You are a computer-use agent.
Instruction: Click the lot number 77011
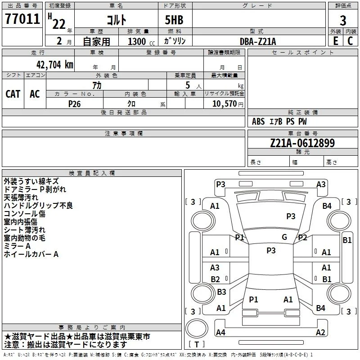click(x=22, y=18)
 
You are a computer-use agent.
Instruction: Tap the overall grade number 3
click(x=343, y=21)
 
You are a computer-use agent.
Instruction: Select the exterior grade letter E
click(x=335, y=41)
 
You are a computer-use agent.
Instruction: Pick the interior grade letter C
click(x=350, y=41)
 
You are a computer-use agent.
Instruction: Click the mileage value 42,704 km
click(x=55, y=65)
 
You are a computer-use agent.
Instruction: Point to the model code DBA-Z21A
click(x=258, y=41)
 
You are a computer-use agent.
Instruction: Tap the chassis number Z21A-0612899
click(x=302, y=143)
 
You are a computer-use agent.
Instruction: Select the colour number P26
click(x=74, y=104)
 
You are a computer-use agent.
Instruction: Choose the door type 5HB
click(x=174, y=20)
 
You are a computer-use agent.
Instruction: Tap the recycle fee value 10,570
click(x=225, y=103)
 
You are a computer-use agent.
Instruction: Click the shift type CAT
click(x=13, y=94)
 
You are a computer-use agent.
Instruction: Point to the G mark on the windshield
click(x=284, y=237)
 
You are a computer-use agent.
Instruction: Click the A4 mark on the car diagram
click(x=220, y=332)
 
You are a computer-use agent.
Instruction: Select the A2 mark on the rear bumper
click(x=320, y=332)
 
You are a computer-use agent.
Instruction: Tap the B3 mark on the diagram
click(x=221, y=292)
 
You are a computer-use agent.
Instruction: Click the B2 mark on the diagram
click(x=215, y=279)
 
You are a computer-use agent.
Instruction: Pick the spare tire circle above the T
click(x=197, y=328)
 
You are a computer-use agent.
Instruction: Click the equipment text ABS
click(x=258, y=121)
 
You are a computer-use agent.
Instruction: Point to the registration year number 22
click(x=59, y=24)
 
